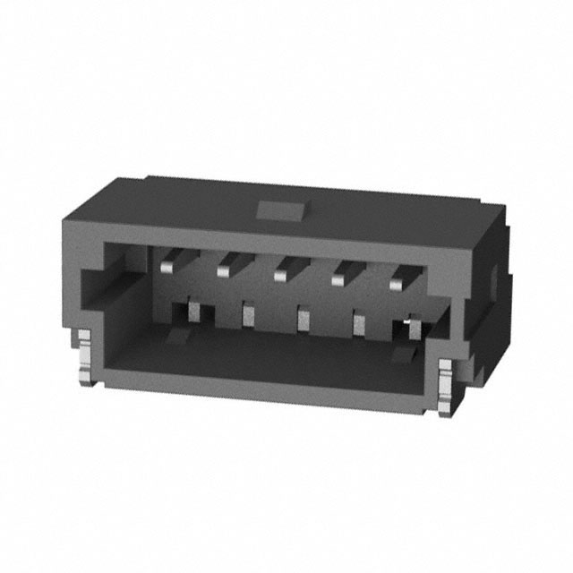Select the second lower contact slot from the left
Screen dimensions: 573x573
click(248, 315)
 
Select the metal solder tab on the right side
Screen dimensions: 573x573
click(447, 385)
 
